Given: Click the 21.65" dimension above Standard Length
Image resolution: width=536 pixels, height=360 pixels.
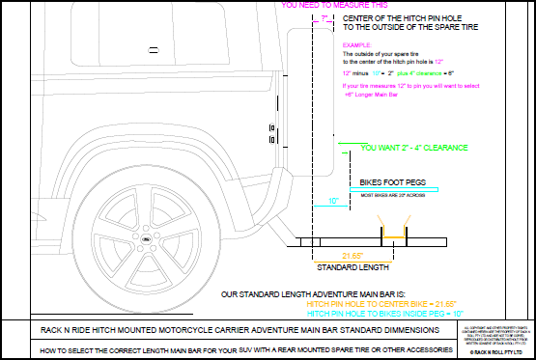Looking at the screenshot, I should click(x=332, y=254).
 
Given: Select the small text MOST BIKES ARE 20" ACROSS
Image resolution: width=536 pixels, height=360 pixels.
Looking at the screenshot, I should click(x=388, y=195).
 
